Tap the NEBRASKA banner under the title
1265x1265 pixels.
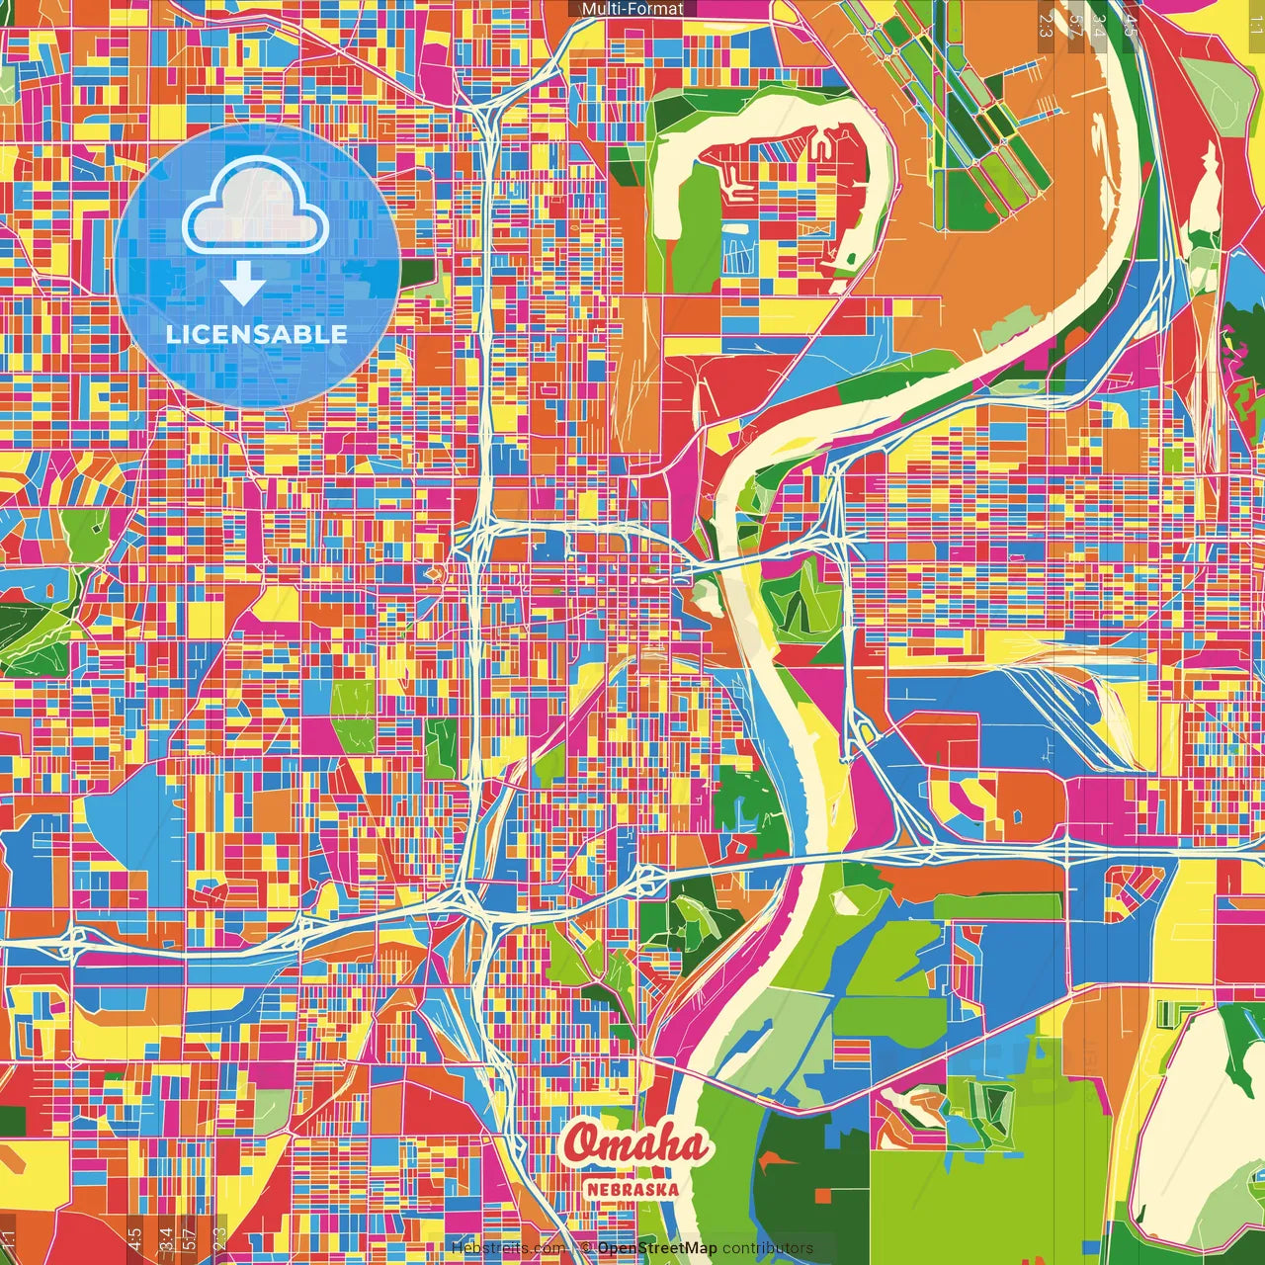(633, 1189)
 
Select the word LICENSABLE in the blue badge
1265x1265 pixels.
(257, 334)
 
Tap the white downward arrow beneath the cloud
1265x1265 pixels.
(242, 286)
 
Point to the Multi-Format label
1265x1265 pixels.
(632, 9)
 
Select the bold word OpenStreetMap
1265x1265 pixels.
(657, 1248)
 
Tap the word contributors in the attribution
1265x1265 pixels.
(768, 1248)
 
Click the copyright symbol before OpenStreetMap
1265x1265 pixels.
(586, 1248)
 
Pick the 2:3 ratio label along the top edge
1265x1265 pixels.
(1046, 24)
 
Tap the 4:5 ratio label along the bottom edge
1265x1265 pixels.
(134, 1238)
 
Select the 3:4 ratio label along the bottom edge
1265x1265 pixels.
(165, 1238)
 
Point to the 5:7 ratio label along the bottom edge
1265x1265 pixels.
(191, 1238)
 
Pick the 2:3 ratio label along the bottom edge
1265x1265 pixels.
(219, 1238)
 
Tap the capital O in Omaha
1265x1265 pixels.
(584, 1144)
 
